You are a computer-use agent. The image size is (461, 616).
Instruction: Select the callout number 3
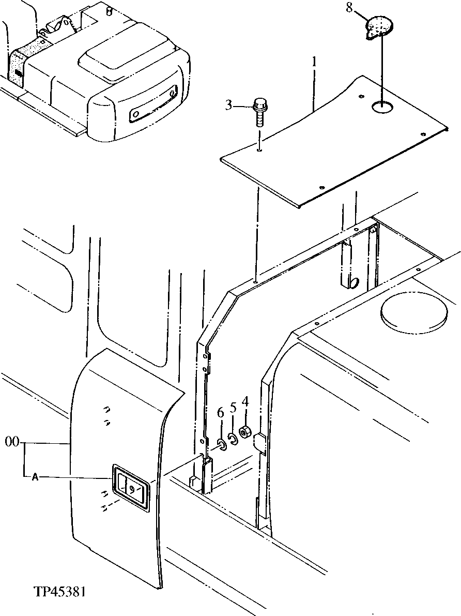pos(229,107)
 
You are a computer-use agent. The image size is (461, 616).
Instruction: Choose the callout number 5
pos(233,408)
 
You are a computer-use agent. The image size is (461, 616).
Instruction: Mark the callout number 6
pos(220,413)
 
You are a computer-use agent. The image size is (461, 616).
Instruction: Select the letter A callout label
pos(35,477)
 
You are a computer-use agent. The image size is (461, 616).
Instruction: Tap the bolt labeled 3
pos(259,112)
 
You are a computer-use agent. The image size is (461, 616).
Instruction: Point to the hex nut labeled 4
pos(247,431)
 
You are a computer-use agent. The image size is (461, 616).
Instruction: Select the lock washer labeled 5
pos(233,439)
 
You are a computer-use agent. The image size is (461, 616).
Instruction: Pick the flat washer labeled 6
pos(221,444)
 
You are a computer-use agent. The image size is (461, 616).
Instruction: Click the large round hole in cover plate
pos(382,108)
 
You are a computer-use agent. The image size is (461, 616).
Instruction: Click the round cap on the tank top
pos(413,314)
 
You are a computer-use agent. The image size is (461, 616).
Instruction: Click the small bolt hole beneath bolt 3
pos(259,151)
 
